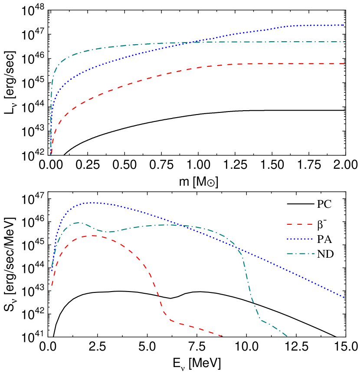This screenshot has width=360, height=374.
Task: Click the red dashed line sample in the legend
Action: point(299,224)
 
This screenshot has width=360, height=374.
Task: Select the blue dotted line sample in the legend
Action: point(299,239)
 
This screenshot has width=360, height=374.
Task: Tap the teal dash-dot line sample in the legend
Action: point(300,254)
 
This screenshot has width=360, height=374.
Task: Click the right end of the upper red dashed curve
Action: point(345,64)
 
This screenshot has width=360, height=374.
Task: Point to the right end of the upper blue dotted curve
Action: point(344,25)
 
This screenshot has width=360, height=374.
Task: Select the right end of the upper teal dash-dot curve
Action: point(345,42)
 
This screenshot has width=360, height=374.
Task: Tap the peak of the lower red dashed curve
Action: point(93,236)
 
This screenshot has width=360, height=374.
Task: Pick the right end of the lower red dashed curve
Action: point(223,336)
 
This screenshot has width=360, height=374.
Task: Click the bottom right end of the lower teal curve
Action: point(287,336)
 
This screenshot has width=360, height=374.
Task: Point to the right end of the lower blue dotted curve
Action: point(344,298)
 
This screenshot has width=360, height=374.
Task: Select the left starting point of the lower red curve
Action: point(52,286)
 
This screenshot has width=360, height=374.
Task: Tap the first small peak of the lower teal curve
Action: point(79,223)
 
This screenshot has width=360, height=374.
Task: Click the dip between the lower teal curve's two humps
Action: point(108,232)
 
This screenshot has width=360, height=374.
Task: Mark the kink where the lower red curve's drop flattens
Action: point(170,320)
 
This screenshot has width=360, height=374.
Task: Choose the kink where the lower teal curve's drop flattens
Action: point(261,320)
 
